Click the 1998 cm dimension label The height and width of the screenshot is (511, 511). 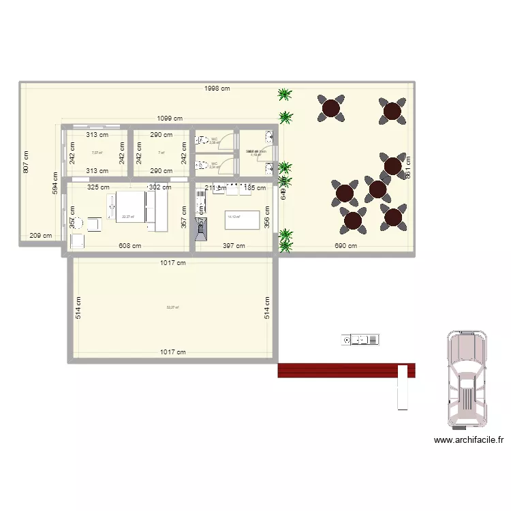[x=215, y=89]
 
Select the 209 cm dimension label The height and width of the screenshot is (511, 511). [x=41, y=236]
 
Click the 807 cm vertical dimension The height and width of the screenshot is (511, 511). [x=26, y=161]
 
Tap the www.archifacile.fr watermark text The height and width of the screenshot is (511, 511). [x=469, y=440]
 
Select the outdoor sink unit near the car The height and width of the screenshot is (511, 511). [x=360, y=339]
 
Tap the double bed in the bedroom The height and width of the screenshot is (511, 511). [x=136, y=209]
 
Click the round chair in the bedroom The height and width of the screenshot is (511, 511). [x=78, y=223]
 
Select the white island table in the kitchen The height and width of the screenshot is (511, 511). [x=243, y=220]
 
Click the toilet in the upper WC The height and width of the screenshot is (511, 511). [x=202, y=140]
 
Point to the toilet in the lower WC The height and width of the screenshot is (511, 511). [x=202, y=164]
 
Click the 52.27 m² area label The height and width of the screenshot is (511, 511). [x=173, y=307]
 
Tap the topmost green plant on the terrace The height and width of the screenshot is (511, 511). [x=285, y=95]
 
